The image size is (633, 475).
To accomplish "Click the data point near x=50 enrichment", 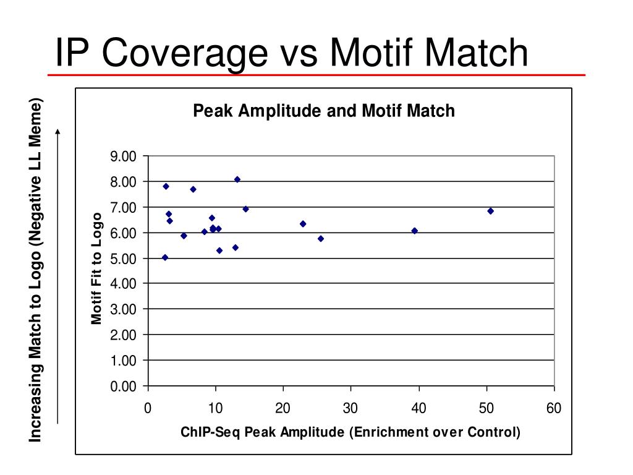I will pyautogui.click(x=490, y=211).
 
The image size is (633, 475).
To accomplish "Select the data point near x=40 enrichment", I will pyautogui.click(x=414, y=231).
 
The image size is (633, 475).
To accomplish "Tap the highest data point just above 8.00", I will pyautogui.click(x=237, y=179).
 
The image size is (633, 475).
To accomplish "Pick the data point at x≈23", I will pyautogui.click(x=303, y=224).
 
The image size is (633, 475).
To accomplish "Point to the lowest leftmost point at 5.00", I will pyautogui.click(x=165, y=257).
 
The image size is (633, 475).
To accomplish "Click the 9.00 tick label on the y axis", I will pyautogui.click(x=123, y=156).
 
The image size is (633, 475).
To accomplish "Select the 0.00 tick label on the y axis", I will pyautogui.click(x=123, y=387).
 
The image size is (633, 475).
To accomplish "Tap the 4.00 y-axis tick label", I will pyautogui.click(x=123, y=284).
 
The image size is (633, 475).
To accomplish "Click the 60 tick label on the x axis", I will pyautogui.click(x=553, y=408).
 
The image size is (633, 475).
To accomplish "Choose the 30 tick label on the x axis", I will pyautogui.click(x=350, y=408).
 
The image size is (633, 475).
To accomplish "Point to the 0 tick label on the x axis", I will pyautogui.click(x=148, y=408).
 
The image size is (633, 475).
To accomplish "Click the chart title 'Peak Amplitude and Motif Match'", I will pyautogui.click(x=324, y=111).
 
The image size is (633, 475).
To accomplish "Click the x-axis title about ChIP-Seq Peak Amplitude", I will pyautogui.click(x=350, y=432).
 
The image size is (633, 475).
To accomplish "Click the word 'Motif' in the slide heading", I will pyautogui.click(x=378, y=53).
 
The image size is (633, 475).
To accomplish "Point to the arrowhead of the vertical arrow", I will pyautogui.click(x=57, y=131).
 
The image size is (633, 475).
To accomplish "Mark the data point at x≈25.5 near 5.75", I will pyautogui.click(x=320, y=239).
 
